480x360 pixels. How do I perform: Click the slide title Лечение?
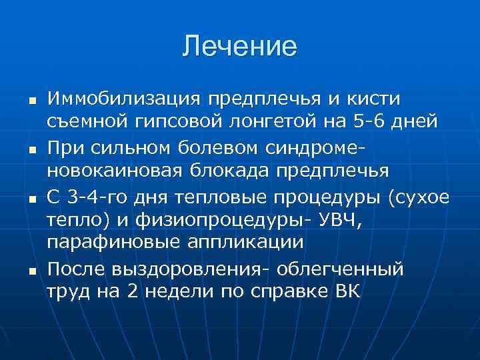239,47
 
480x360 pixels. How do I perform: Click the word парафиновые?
115,242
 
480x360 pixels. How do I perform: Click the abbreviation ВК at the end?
345,291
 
